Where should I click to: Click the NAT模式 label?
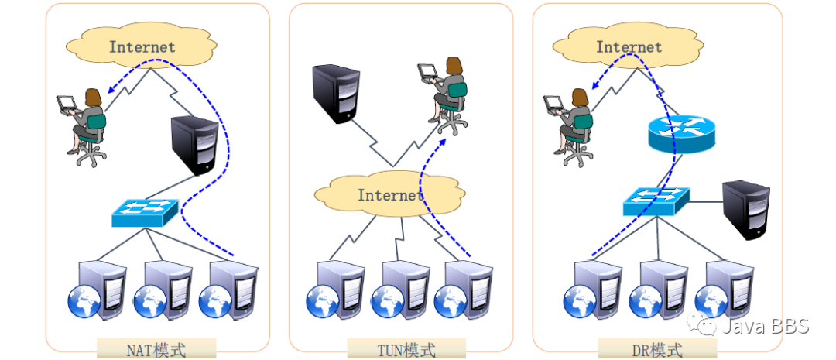click(156, 349)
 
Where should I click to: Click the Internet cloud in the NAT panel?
click(142, 46)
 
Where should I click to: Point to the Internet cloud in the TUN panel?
click(390, 194)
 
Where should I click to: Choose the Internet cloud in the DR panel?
click(629, 46)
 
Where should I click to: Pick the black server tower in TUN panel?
click(336, 94)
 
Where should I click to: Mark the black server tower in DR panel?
click(745, 209)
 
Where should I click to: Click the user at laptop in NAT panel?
click(84, 124)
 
